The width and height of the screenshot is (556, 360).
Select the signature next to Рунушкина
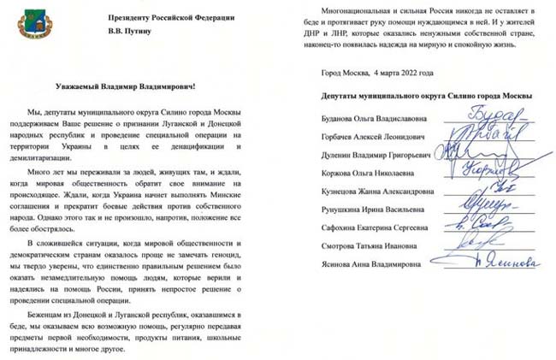click(470, 205)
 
